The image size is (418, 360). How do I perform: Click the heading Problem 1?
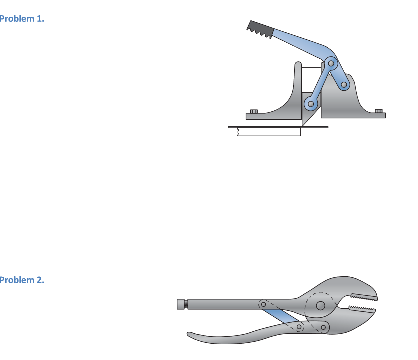(22, 19)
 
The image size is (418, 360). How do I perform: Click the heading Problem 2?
(22, 280)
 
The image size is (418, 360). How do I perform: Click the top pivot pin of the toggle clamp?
(330, 63)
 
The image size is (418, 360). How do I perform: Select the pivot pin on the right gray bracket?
(344, 86)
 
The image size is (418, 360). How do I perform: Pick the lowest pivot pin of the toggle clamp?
(311, 104)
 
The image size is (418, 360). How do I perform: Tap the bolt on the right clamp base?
(378, 111)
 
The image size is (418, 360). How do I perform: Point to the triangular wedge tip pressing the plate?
(304, 123)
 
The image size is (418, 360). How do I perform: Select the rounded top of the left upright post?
(298, 65)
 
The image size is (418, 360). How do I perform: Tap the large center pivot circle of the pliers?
(320, 305)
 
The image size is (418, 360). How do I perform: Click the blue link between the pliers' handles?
(280, 316)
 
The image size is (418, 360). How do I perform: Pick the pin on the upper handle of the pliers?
(263, 304)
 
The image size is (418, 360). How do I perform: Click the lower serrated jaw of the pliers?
(362, 311)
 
